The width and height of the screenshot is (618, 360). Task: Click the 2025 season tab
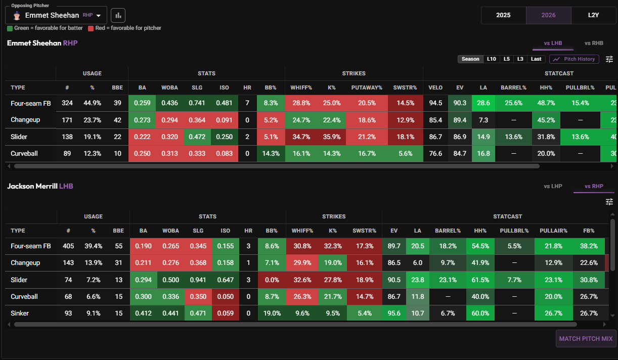click(x=504, y=15)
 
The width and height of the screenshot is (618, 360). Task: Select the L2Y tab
click(x=593, y=15)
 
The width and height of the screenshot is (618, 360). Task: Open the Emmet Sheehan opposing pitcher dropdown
click(x=56, y=15)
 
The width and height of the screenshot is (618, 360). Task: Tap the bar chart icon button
click(x=118, y=15)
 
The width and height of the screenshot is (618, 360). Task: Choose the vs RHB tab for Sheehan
click(x=594, y=43)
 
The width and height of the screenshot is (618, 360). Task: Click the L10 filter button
click(x=492, y=59)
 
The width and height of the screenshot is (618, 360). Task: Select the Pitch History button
click(x=574, y=59)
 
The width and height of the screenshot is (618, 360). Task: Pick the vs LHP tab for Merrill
click(x=553, y=186)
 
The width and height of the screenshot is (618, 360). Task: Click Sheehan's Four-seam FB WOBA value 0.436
click(x=169, y=103)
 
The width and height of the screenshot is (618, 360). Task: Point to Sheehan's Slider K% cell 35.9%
click(x=332, y=137)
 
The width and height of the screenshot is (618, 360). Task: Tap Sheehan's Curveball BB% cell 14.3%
click(x=271, y=153)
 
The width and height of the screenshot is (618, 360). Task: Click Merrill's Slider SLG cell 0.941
click(x=198, y=280)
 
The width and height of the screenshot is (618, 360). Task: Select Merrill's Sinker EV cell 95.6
click(x=394, y=313)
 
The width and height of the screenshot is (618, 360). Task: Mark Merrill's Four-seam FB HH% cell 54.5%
click(x=480, y=246)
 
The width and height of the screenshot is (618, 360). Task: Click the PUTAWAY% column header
click(x=367, y=87)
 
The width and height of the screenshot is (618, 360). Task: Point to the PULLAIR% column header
click(x=553, y=231)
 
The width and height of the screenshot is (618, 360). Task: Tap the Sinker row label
click(x=20, y=313)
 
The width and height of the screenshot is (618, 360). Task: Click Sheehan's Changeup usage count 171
click(x=67, y=120)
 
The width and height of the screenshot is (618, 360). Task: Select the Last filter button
click(x=536, y=59)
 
